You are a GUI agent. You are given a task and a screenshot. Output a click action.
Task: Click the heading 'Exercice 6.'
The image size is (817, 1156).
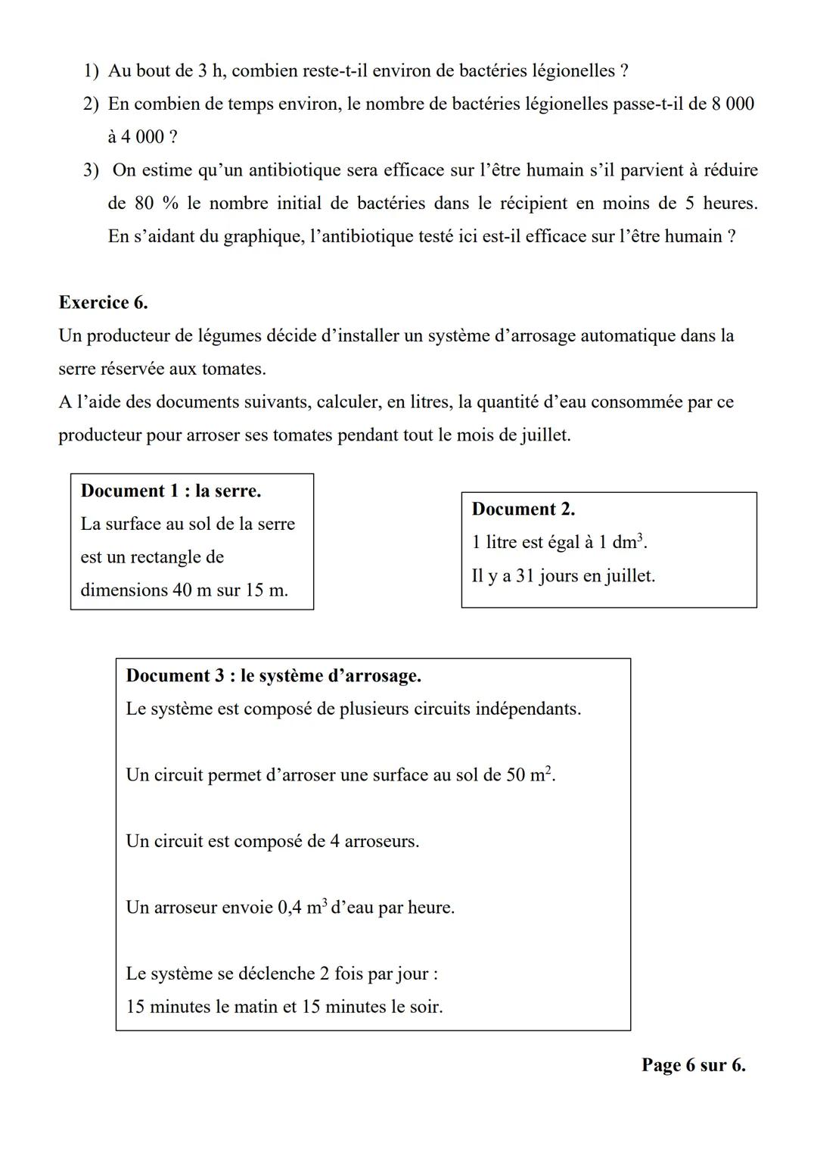[103, 303]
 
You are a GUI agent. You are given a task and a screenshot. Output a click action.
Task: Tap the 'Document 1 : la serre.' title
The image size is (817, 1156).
[170, 491]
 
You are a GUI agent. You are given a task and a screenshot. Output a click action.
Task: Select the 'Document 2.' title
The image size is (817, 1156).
[523, 509]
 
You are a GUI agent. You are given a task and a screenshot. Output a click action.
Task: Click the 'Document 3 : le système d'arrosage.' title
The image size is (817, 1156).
[273, 675]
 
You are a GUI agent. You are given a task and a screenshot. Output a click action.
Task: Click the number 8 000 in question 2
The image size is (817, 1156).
[732, 104]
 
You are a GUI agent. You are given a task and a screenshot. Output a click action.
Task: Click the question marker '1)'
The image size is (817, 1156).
[91, 71]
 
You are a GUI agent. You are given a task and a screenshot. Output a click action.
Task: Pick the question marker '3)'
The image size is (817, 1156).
[91, 170]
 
